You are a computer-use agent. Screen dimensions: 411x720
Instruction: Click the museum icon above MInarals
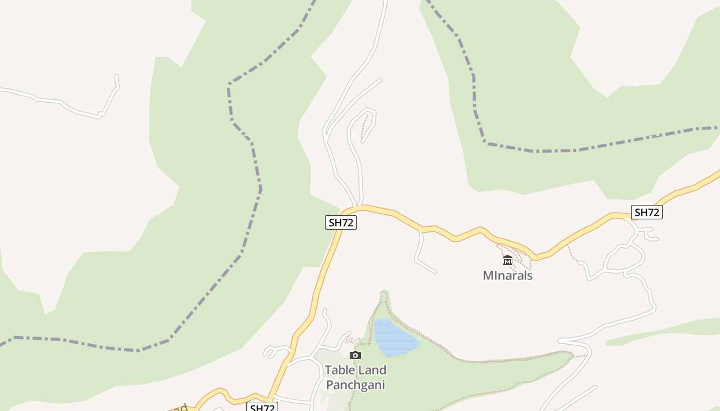508,260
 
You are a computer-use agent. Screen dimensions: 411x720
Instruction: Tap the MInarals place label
508,275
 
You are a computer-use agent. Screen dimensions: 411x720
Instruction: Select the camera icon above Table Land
355,355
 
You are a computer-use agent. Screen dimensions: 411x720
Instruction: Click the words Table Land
355,370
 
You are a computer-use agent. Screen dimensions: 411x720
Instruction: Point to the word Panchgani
355,385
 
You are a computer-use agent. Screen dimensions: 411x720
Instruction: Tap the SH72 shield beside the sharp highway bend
341,222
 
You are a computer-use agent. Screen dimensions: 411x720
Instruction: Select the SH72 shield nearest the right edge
646,212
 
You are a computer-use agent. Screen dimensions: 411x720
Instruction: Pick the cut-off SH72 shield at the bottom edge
262,407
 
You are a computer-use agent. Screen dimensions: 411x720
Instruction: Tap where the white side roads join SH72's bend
358,207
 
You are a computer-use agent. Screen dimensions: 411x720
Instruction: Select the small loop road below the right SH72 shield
625,257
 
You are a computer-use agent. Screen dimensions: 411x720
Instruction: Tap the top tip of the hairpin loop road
368,109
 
